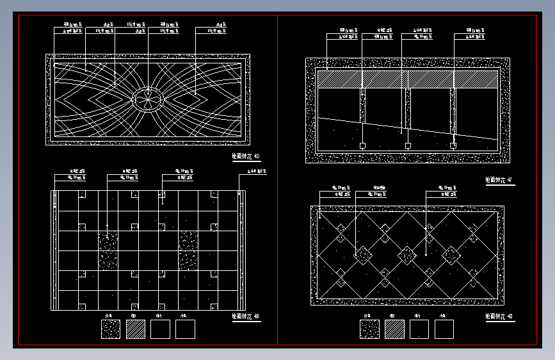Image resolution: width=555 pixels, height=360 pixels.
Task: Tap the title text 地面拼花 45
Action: [246, 156]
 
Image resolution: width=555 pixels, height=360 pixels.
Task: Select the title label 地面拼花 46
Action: [246, 316]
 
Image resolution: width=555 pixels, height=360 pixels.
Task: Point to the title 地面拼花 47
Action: [499, 181]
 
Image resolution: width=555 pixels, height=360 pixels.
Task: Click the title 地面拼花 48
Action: [499, 316]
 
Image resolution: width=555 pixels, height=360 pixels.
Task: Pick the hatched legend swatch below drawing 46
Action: [136, 329]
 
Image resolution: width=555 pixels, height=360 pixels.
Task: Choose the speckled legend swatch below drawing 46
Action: [111, 329]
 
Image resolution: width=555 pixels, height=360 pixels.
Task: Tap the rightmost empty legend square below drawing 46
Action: [185, 329]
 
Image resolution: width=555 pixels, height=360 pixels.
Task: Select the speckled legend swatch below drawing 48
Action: [369, 329]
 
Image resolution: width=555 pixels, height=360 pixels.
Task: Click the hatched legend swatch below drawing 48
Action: [394, 329]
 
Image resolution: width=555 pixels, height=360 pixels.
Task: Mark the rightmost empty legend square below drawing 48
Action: [444, 329]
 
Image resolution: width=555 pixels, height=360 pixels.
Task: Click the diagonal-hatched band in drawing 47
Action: [407, 79]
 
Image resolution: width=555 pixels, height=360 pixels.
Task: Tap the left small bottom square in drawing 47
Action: [362, 146]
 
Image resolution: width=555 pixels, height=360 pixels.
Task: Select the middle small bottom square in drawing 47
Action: [408, 146]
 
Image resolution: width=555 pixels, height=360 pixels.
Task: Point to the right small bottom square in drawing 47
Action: [453, 146]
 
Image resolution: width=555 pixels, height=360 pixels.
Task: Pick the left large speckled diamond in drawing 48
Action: [363, 256]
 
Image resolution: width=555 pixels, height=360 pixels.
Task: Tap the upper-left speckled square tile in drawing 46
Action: [108, 241]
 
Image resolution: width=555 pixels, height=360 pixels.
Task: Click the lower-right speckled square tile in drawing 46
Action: [188, 261]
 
